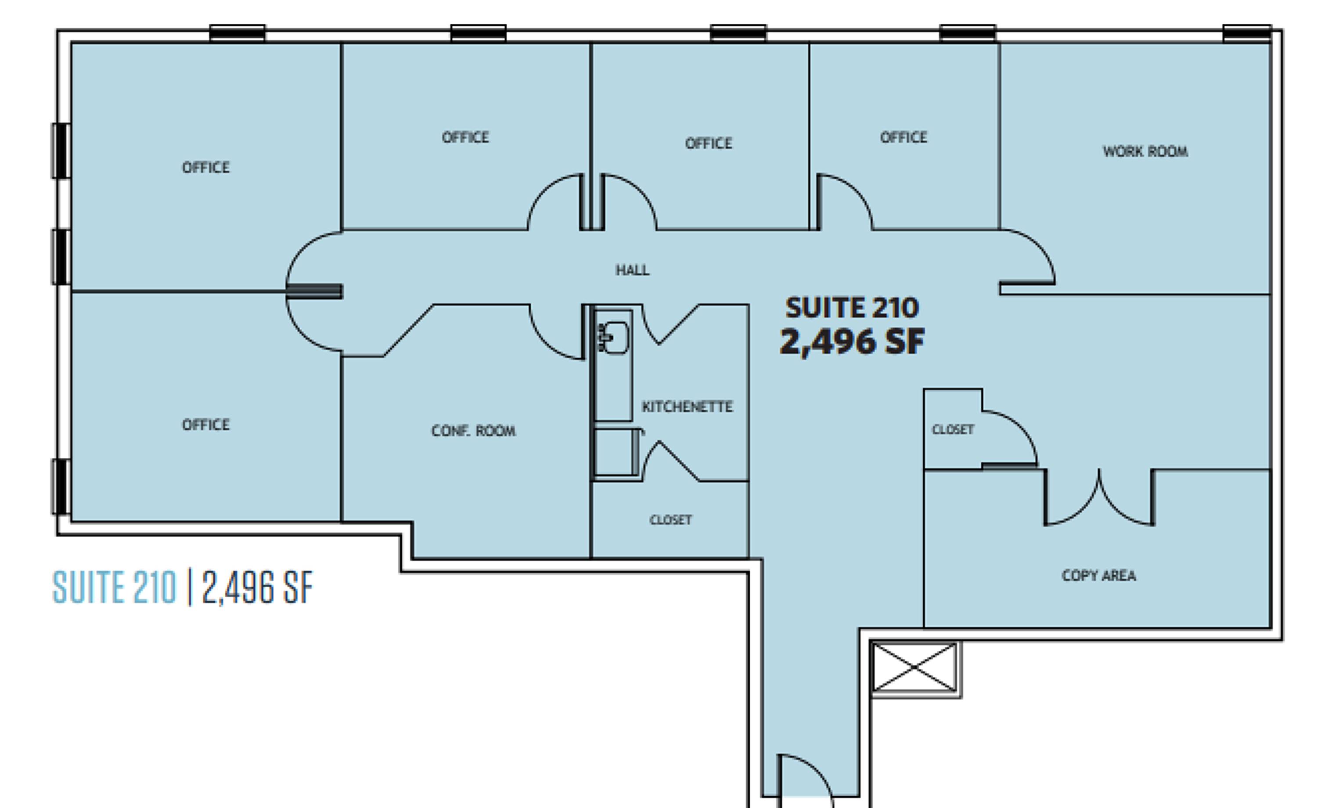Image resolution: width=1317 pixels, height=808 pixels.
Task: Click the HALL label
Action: coord(632,270)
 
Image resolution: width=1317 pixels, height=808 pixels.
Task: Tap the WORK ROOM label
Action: coord(1145,151)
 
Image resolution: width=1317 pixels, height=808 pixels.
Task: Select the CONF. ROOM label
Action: coord(474,431)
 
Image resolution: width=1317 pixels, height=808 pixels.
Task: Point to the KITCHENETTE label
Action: coord(687,407)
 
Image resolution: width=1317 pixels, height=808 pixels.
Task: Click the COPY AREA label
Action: coord(1099,575)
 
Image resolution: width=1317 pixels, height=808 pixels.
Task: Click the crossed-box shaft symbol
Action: coord(914,668)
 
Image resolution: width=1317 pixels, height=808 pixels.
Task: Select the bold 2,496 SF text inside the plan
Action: coord(852,341)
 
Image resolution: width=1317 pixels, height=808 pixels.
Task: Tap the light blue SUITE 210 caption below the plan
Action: coord(115,588)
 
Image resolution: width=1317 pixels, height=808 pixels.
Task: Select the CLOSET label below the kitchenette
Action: coord(671,520)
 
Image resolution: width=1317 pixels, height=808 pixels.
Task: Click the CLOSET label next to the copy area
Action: coord(953,430)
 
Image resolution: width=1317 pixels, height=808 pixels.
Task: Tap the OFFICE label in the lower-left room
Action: coord(206,425)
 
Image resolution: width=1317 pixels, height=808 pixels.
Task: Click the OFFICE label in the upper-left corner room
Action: coord(206,168)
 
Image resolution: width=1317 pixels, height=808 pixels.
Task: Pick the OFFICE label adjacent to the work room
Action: coord(904,137)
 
